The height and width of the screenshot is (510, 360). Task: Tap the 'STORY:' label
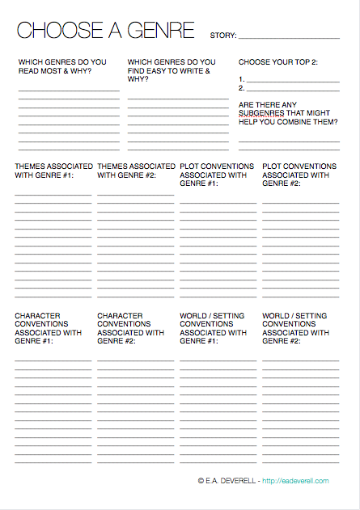pos(222,36)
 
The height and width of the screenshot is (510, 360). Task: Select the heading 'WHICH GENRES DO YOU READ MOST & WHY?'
pos(62,66)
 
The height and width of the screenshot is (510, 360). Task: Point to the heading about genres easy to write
pos(172,70)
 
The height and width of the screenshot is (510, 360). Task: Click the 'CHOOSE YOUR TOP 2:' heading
pos(277,61)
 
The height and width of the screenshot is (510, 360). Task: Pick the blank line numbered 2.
pos(292,89)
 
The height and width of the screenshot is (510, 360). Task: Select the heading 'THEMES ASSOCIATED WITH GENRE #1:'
pos(53,171)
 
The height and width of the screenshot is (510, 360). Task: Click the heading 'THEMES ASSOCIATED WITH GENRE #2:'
pos(136,171)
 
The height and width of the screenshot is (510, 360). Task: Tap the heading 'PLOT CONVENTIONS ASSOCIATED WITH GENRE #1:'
pos(217,175)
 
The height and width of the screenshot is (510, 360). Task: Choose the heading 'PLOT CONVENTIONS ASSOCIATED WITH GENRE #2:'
pos(299,175)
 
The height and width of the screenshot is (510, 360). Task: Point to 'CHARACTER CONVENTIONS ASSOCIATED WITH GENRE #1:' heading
pos(49,328)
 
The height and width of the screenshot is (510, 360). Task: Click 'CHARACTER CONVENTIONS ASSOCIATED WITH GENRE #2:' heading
pos(131,328)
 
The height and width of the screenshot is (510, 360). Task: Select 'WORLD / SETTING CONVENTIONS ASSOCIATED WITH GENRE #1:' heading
pos(214,328)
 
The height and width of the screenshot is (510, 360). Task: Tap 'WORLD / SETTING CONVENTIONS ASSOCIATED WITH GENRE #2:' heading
pos(296,328)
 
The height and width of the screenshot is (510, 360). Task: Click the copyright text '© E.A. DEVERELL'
pos(227,481)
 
